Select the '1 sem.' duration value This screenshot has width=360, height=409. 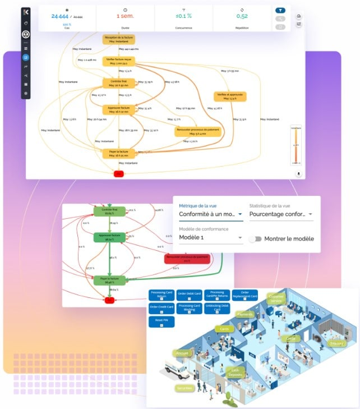point(124,16)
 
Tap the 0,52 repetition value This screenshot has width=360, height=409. point(242,16)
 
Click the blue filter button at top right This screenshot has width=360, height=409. point(280,10)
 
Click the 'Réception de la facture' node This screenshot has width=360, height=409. point(118,39)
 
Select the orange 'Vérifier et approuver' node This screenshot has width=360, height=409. point(228,96)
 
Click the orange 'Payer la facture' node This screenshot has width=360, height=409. point(118,153)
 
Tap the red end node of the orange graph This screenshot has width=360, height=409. point(118,173)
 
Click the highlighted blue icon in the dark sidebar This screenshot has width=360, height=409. point(25,57)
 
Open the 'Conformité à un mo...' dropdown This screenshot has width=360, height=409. point(210,214)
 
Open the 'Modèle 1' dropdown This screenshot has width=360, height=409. point(210,238)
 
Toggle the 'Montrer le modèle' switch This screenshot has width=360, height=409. point(256,238)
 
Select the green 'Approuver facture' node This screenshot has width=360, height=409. point(110,236)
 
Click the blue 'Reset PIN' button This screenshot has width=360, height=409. point(161,322)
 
